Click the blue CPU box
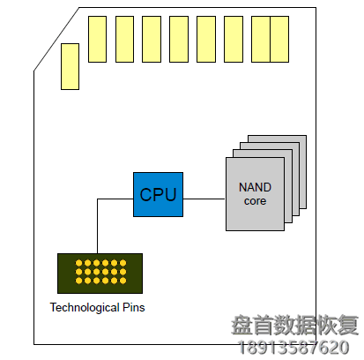[158, 195]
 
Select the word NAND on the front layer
[254, 187]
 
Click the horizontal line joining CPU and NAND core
[204, 199]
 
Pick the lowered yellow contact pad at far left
[70, 66]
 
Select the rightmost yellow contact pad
[279, 39]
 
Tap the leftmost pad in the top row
[98, 39]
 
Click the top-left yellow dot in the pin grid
[78, 264]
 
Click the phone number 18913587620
[294, 347]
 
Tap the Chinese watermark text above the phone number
[294, 326]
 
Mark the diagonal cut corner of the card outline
[56, 39]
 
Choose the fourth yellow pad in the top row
[179, 39]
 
